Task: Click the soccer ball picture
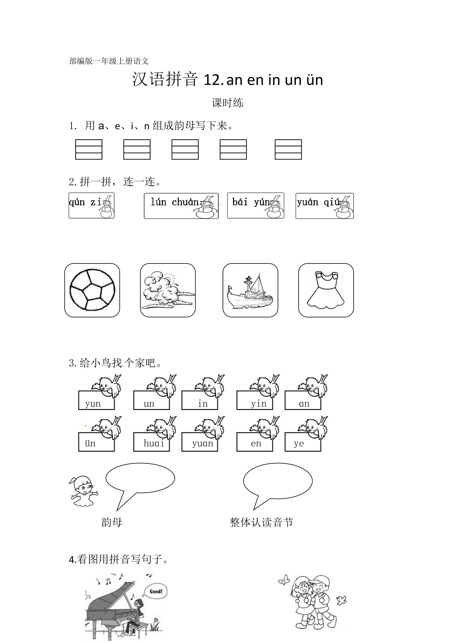pos(92,290)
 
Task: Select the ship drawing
pos(250,292)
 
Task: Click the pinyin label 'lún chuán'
pos(174,202)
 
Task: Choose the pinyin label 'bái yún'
pos(251,202)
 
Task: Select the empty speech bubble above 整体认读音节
pos(278,481)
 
